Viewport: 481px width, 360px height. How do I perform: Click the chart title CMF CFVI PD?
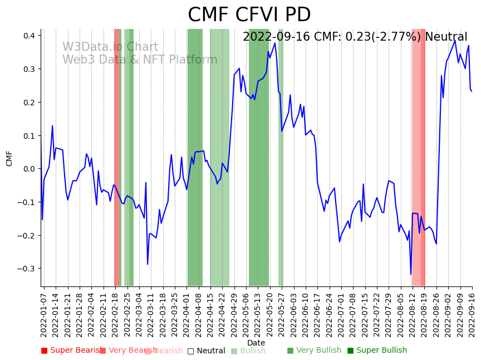[249, 15]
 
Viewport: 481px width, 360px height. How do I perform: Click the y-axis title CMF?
[9, 158]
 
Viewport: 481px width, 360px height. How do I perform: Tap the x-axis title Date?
[256, 343]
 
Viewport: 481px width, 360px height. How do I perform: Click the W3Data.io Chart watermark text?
[110, 47]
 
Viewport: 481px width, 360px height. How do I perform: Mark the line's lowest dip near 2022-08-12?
[411, 274]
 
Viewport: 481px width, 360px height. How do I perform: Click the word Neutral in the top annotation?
[446, 37]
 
